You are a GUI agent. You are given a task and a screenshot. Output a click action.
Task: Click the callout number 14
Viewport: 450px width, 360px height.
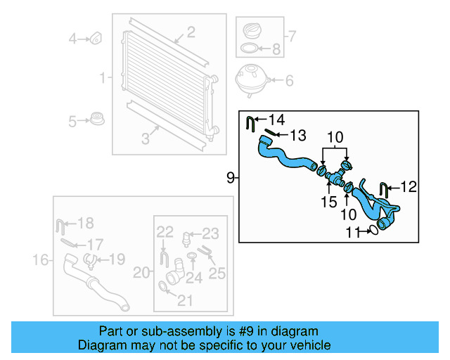(277, 120)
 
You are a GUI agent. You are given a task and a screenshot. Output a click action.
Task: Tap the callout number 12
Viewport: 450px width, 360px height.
(409, 187)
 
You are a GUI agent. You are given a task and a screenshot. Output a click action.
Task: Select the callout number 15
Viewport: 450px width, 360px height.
(329, 202)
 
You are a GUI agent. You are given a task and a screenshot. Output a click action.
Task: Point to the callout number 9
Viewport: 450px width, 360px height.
(230, 178)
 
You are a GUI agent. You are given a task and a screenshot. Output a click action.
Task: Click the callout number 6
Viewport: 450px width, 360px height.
(288, 81)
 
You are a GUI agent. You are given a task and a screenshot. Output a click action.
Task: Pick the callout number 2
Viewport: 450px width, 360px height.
(191, 32)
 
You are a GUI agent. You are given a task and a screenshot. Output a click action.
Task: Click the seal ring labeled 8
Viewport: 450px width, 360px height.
(250, 49)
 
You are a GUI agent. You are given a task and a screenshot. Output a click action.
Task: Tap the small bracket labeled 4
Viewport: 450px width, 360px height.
(96, 37)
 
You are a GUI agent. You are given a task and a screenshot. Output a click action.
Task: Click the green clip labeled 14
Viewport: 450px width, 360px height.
(251, 123)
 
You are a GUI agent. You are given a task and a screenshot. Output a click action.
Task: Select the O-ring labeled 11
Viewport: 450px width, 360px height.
(373, 229)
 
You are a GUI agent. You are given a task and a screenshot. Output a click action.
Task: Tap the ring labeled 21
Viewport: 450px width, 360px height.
(165, 286)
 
